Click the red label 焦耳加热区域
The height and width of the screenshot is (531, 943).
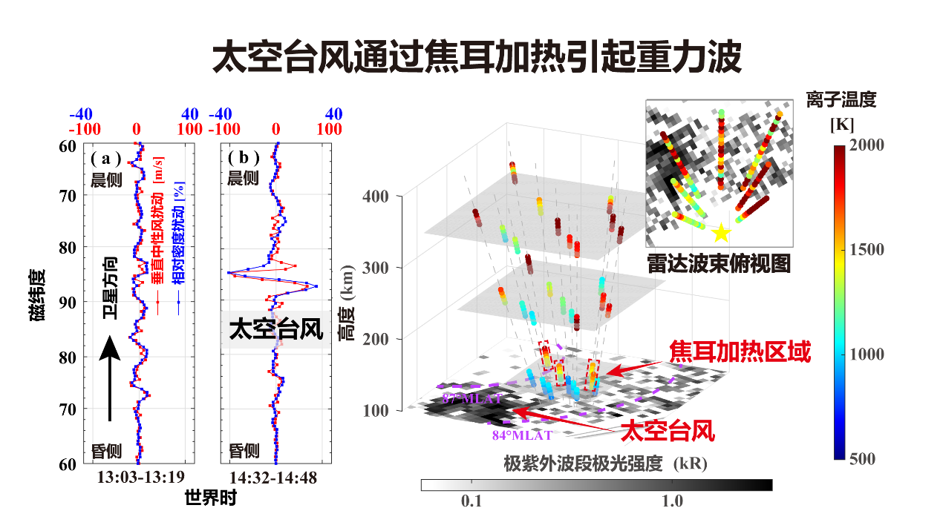point(740,352)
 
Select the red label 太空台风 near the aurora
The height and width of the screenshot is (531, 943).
point(668,430)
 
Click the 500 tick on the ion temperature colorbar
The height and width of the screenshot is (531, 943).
point(861,459)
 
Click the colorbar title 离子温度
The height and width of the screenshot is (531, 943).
point(841,99)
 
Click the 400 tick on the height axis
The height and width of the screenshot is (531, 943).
point(376,196)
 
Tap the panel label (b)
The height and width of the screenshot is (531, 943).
point(244,158)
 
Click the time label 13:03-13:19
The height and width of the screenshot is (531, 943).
point(140,478)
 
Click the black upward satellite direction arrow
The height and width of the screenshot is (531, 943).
point(110,378)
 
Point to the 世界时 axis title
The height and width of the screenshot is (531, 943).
point(210,499)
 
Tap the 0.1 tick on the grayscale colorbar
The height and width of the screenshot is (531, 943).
point(471,501)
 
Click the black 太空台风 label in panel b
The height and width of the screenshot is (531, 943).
point(276,329)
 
